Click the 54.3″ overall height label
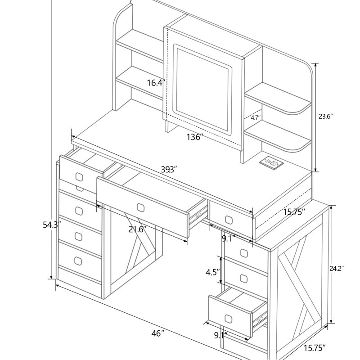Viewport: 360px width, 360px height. coord(52,225)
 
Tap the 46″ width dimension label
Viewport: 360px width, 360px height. coord(158,333)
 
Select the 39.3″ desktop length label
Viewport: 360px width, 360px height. coord(169,170)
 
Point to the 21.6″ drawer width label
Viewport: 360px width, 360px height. coord(138,229)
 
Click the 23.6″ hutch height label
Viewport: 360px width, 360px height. coord(325,117)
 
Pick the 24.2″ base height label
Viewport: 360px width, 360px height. coord(337,268)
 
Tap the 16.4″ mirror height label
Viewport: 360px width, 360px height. coord(156,83)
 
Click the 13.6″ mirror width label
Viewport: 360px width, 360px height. coord(195,137)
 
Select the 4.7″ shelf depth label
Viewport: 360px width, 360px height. coord(256,118)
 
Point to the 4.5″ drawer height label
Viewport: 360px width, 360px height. coord(213,272)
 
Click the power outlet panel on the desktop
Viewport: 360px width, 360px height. coord(271,163)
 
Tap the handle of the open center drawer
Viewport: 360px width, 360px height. coord(140,207)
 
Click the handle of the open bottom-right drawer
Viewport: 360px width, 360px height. coord(229,319)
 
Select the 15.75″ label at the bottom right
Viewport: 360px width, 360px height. coord(315,348)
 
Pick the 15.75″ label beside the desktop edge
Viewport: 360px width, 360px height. coord(294,211)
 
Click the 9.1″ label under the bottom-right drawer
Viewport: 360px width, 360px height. coord(220,335)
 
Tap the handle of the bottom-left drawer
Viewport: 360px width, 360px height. coord(78,261)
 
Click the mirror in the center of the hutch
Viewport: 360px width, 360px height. coord(203,89)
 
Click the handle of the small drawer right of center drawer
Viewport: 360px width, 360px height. coord(229,220)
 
